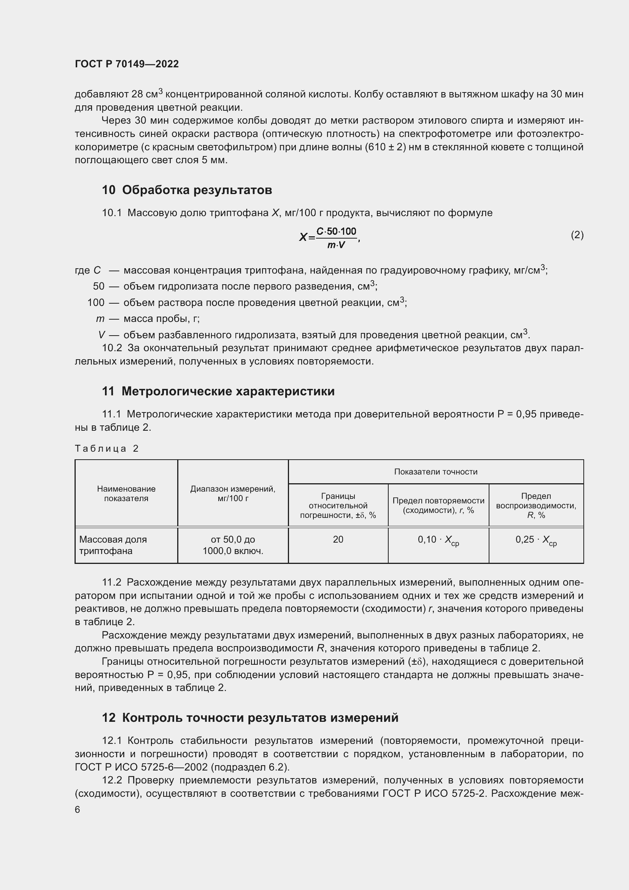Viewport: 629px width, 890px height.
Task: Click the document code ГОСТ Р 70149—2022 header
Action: (127, 64)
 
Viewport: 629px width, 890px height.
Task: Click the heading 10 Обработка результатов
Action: (187, 190)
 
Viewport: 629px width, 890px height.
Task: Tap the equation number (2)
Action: (577, 235)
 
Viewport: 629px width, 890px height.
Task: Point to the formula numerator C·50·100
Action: (336, 231)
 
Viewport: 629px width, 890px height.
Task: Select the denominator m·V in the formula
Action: (336, 245)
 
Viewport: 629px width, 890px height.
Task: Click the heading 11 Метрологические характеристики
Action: (218, 391)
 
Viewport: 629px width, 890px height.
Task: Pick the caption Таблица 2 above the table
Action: (106, 449)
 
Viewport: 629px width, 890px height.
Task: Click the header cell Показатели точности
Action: (435, 472)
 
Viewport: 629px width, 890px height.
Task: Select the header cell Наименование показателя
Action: (126, 494)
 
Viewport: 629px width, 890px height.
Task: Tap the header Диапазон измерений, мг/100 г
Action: (233, 494)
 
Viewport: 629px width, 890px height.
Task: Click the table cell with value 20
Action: (338, 539)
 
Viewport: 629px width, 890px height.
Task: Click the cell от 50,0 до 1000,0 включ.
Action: (233, 545)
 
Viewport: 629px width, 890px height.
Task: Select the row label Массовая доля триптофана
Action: (113, 545)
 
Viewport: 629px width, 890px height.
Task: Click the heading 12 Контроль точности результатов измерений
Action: (250, 718)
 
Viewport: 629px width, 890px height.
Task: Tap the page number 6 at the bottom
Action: (78, 810)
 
